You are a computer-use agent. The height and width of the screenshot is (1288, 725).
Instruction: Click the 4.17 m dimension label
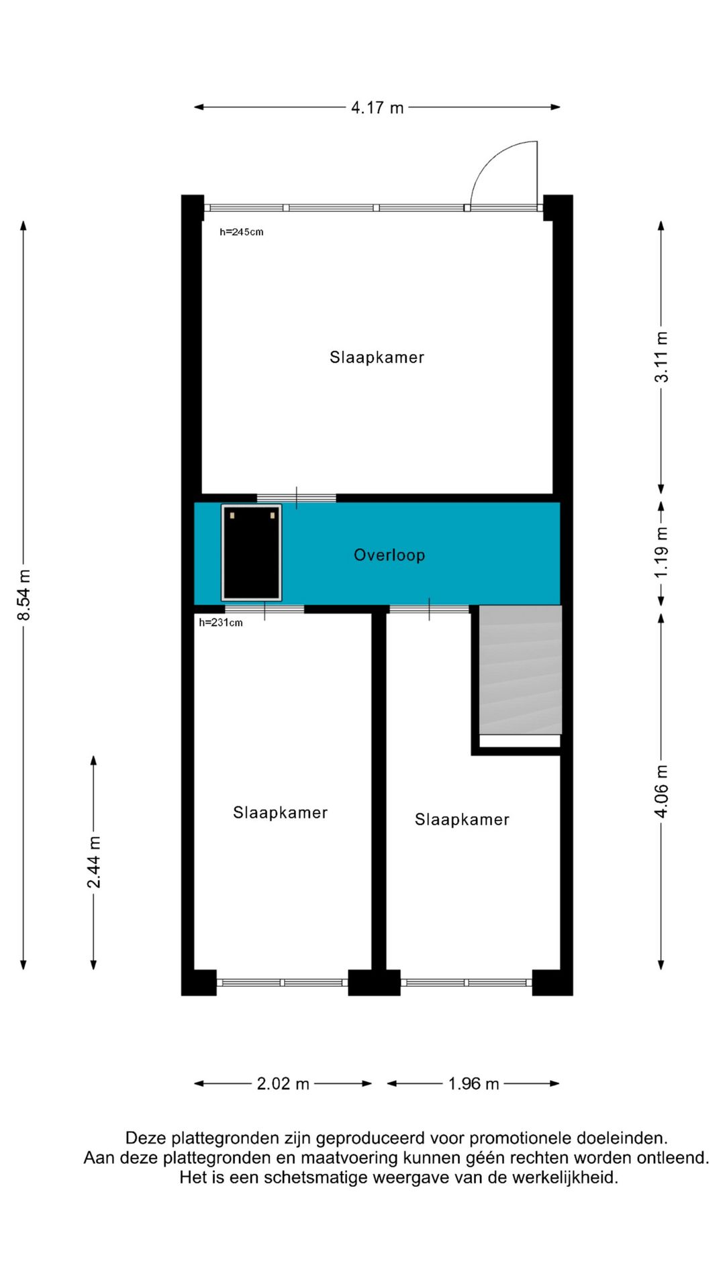(377, 107)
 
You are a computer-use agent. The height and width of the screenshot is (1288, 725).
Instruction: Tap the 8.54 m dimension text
(24, 595)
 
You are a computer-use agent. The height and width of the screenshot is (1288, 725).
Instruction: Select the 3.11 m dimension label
(661, 357)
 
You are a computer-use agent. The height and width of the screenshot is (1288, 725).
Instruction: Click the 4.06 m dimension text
(661, 791)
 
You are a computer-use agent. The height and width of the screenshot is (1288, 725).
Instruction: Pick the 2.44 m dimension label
(94, 862)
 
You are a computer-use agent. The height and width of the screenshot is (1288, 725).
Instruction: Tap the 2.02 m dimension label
(283, 1083)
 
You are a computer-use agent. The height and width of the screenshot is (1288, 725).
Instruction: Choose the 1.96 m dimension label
(473, 1083)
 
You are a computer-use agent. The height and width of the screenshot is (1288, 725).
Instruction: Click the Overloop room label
(389, 555)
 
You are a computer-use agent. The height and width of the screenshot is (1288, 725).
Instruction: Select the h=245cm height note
(242, 232)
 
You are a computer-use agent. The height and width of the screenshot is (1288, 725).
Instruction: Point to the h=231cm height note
(221, 623)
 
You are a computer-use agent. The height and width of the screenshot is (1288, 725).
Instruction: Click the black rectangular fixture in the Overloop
(252, 553)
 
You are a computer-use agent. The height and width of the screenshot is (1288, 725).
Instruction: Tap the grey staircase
(520, 669)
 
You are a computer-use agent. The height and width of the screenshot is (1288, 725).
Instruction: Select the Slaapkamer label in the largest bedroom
(377, 357)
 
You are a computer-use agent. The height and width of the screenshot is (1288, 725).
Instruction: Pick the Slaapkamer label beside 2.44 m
(280, 812)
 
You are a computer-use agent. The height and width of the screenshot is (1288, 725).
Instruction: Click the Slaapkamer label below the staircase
(462, 819)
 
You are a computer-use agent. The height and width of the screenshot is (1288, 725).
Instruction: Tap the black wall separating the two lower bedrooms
(379, 792)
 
